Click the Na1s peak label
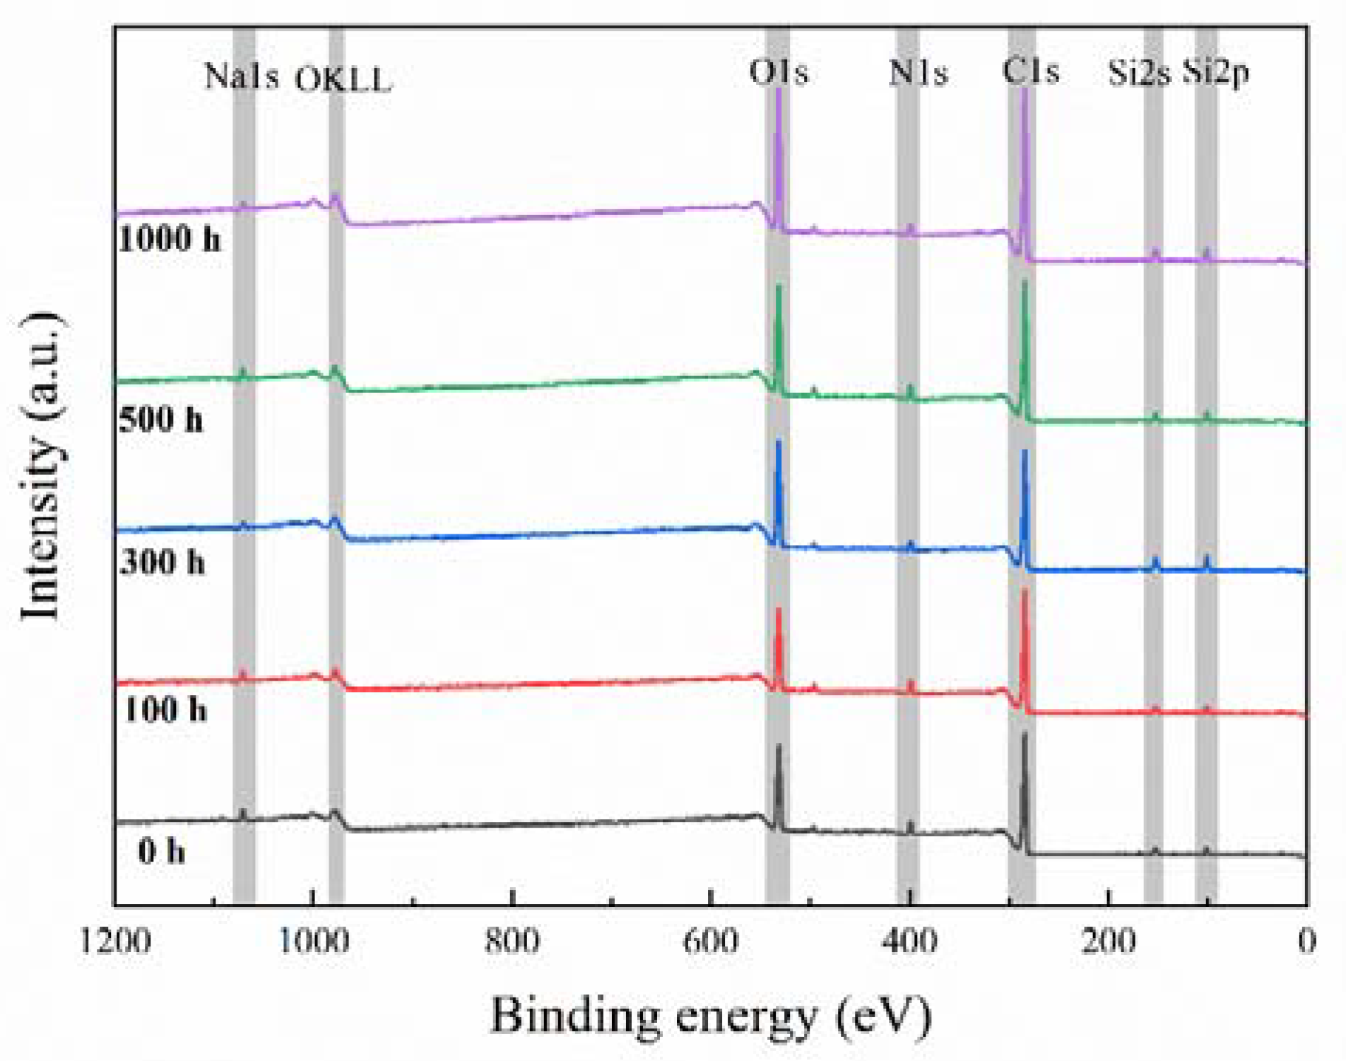point(241,75)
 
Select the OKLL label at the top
point(343,79)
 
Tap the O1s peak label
point(779,72)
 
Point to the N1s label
point(918,72)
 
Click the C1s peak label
point(1031,71)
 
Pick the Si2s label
point(1139,72)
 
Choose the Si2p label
point(1217,72)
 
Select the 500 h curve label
point(160,419)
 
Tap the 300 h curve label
point(163,562)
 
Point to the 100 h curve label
point(165,708)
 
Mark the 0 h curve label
point(162,850)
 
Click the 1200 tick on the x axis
point(115,941)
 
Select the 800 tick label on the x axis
point(512,941)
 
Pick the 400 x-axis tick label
point(910,941)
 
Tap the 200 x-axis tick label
point(1109,941)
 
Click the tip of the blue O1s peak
point(779,442)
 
